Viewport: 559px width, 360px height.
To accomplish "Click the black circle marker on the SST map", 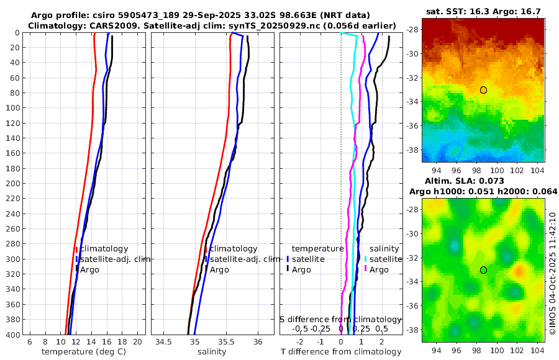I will (x=483, y=90).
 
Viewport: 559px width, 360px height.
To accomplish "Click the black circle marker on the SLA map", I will (x=483, y=270).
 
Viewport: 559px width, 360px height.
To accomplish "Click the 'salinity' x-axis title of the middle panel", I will (x=212, y=352).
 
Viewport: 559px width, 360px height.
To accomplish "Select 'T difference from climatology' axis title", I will (x=341, y=352).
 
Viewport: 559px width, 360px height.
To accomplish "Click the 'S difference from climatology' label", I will (x=341, y=319).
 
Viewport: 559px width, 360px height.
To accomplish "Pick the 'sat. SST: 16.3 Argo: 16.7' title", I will (x=483, y=12).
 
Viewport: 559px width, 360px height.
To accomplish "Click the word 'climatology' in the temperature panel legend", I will (x=104, y=249).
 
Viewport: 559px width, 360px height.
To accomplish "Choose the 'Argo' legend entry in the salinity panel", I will (x=219, y=270).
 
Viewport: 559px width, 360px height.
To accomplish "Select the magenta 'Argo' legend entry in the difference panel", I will (x=378, y=270).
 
